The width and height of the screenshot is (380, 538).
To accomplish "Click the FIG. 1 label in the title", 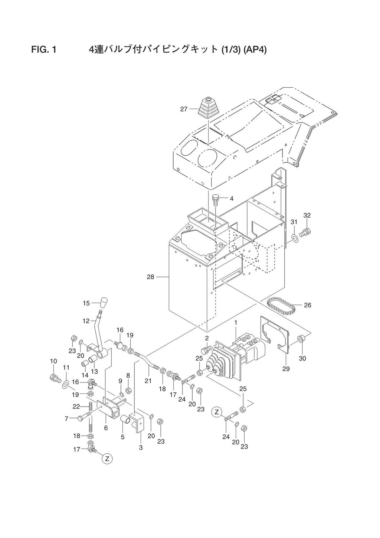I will click(x=44, y=49).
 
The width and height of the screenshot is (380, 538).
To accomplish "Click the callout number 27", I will click(x=184, y=109).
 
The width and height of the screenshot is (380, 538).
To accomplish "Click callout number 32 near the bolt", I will click(x=307, y=215).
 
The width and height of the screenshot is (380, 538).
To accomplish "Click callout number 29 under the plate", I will click(x=286, y=369).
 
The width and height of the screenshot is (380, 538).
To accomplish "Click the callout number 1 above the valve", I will click(x=235, y=323).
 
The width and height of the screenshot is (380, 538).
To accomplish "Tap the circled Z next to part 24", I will click(x=217, y=411).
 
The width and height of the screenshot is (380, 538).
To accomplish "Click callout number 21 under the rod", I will click(x=148, y=380).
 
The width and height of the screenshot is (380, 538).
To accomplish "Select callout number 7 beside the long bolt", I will click(x=66, y=418).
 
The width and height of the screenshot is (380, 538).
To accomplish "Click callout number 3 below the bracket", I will click(x=141, y=447).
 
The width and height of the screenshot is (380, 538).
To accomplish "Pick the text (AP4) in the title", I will click(x=255, y=49).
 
